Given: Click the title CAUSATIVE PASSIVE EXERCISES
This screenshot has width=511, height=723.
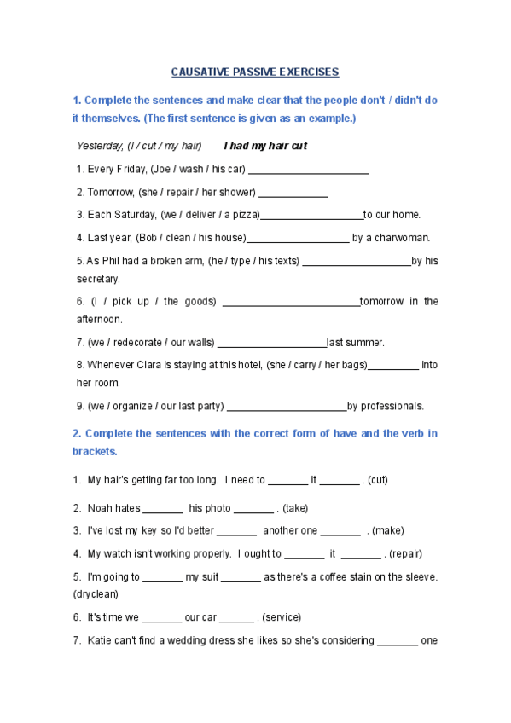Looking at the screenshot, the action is point(255,72).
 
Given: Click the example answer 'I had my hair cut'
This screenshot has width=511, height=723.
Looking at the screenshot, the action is point(264,146).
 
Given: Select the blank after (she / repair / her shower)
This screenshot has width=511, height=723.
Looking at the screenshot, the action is point(293,193).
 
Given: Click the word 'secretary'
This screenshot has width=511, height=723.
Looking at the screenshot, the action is point(98,279).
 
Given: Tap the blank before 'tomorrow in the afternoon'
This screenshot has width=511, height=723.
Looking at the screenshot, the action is point(290,302).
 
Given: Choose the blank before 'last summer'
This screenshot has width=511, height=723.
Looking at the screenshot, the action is point(271,343).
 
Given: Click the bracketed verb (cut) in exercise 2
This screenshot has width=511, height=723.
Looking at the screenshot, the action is point(377,480).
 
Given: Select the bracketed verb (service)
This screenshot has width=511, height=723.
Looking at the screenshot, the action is point(282,617).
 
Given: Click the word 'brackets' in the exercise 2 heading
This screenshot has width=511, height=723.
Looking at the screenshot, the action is point(94,451).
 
